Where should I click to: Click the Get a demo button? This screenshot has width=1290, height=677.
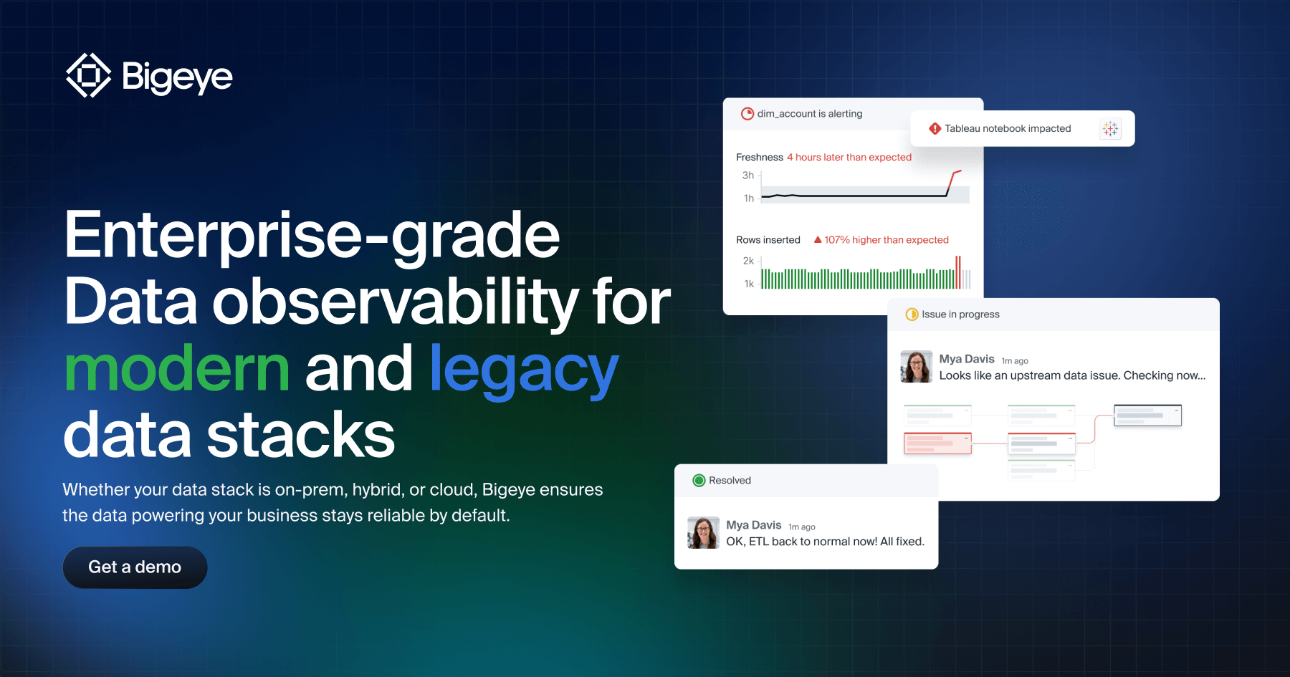pos(135,567)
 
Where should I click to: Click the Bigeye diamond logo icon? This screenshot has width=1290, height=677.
pos(88,75)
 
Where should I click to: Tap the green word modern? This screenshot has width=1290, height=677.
pos(176,369)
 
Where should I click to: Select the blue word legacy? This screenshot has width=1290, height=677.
pos(523,369)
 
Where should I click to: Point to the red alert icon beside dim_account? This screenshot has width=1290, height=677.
pos(747,114)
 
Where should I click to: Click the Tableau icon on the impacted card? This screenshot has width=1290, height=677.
pos(1110,129)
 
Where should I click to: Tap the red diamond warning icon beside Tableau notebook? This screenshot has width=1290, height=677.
pos(935,129)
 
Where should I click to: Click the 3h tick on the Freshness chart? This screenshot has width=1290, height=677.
pos(748,176)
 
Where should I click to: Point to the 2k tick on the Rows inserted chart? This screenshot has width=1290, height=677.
pos(748,261)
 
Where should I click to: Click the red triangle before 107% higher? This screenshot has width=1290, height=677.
pos(818,240)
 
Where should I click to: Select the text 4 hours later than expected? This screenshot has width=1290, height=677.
pos(849,158)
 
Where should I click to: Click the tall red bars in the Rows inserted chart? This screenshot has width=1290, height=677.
pos(958,273)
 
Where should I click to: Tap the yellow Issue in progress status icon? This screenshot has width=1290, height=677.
pos(912,315)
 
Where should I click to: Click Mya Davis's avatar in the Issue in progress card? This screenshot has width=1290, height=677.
pos(916,367)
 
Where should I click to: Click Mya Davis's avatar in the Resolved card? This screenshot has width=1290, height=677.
pos(703,533)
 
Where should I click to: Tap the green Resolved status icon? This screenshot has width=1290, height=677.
pos(699,481)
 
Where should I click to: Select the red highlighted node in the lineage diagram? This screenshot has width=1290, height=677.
pos(937,443)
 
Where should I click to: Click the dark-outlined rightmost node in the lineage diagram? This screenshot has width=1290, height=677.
pos(1147,416)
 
